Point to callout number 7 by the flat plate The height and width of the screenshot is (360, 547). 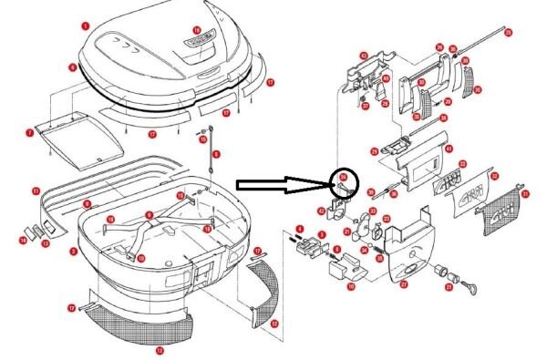tap(29, 133)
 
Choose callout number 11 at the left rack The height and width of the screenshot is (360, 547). tap(35, 190)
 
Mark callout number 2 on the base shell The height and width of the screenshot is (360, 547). tap(73, 251)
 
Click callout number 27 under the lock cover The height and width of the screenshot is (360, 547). tap(402, 284)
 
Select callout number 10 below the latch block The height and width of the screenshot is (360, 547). tap(350, 286)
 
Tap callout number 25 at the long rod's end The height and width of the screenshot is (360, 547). tap(508, 32)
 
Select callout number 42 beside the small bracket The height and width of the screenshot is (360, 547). tap(322, 211)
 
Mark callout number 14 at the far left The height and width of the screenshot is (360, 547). tap(24, 241)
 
